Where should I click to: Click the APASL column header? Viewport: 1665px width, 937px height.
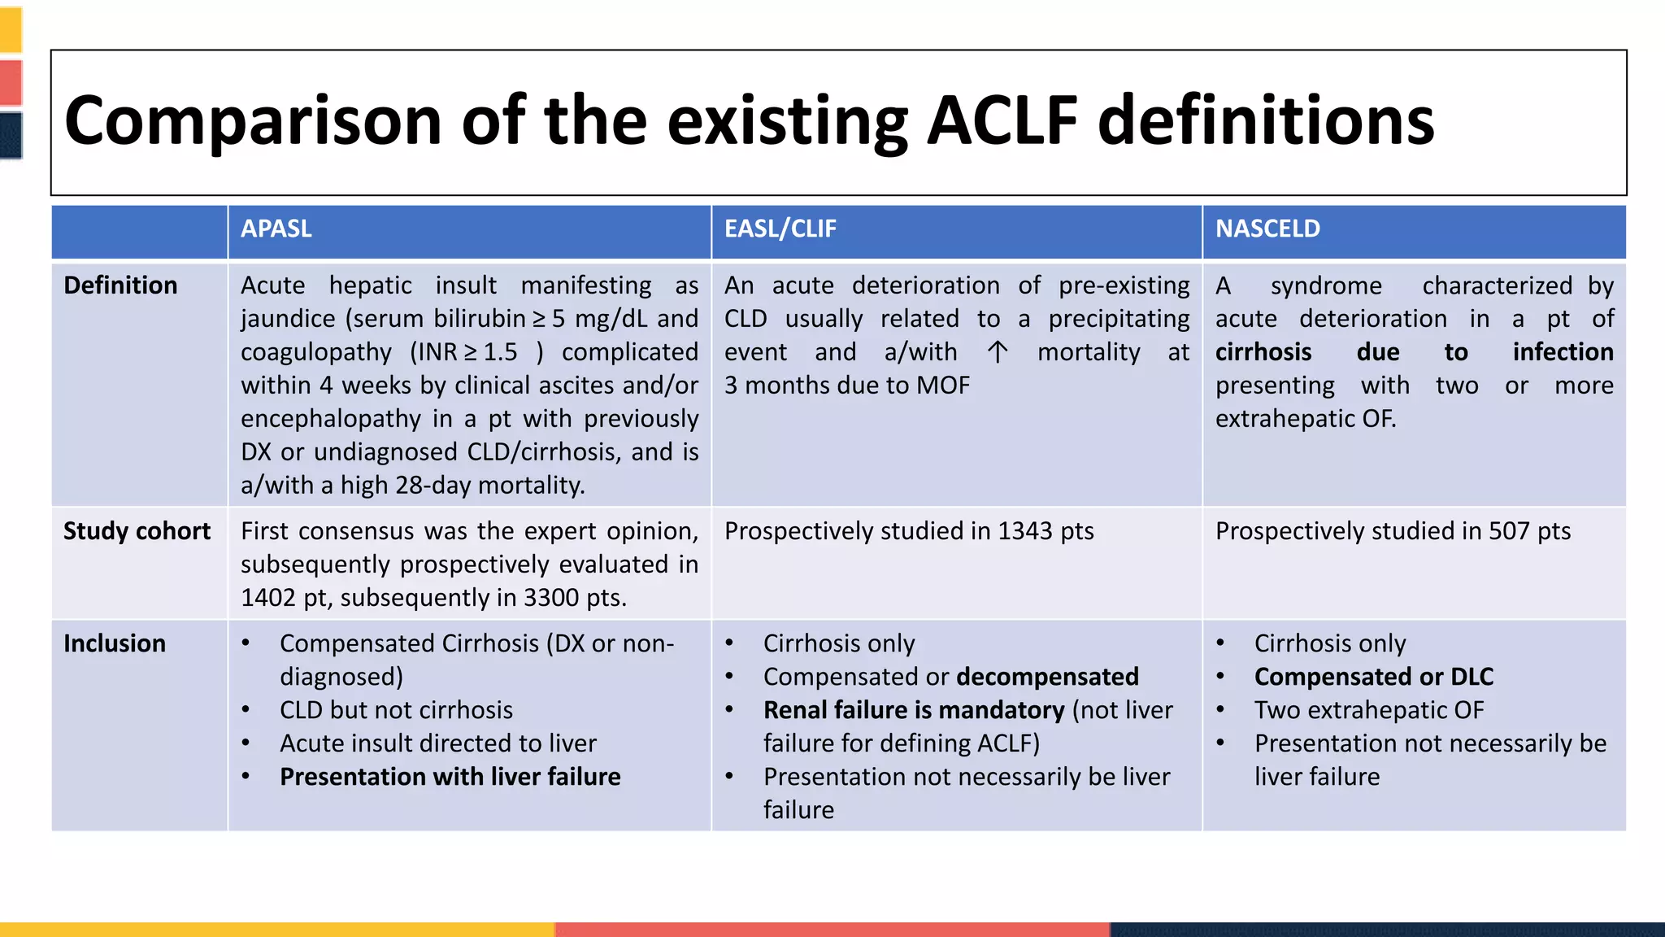[x=276, y=229]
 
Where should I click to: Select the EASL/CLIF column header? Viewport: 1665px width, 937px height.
[x=780, y=229]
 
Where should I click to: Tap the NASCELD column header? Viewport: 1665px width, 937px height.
[x=1267, y=229]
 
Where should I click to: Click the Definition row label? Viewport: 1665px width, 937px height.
[x=120, y=285]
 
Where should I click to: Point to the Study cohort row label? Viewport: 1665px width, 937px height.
[x=137, y=531]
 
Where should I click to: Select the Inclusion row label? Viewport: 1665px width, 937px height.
[x=115, y=643]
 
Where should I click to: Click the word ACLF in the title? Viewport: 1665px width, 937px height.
[x=1002, y=120]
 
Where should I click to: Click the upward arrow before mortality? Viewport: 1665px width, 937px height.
[x=998, y=352]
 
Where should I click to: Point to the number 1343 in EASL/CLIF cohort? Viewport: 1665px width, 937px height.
[x=1024, y=531]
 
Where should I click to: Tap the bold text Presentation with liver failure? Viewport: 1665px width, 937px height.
[x=450, y=777]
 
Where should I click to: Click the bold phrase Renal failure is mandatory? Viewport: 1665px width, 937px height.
[x=913, y=710]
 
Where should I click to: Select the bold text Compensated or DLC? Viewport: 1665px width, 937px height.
[x=1373, y=677]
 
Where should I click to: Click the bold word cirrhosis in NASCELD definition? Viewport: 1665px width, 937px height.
[x=1263, y=352]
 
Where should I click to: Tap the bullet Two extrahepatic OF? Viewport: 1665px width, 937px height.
[x=1368, y=710]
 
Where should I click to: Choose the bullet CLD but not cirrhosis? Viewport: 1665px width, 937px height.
[x=396, y=710]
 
